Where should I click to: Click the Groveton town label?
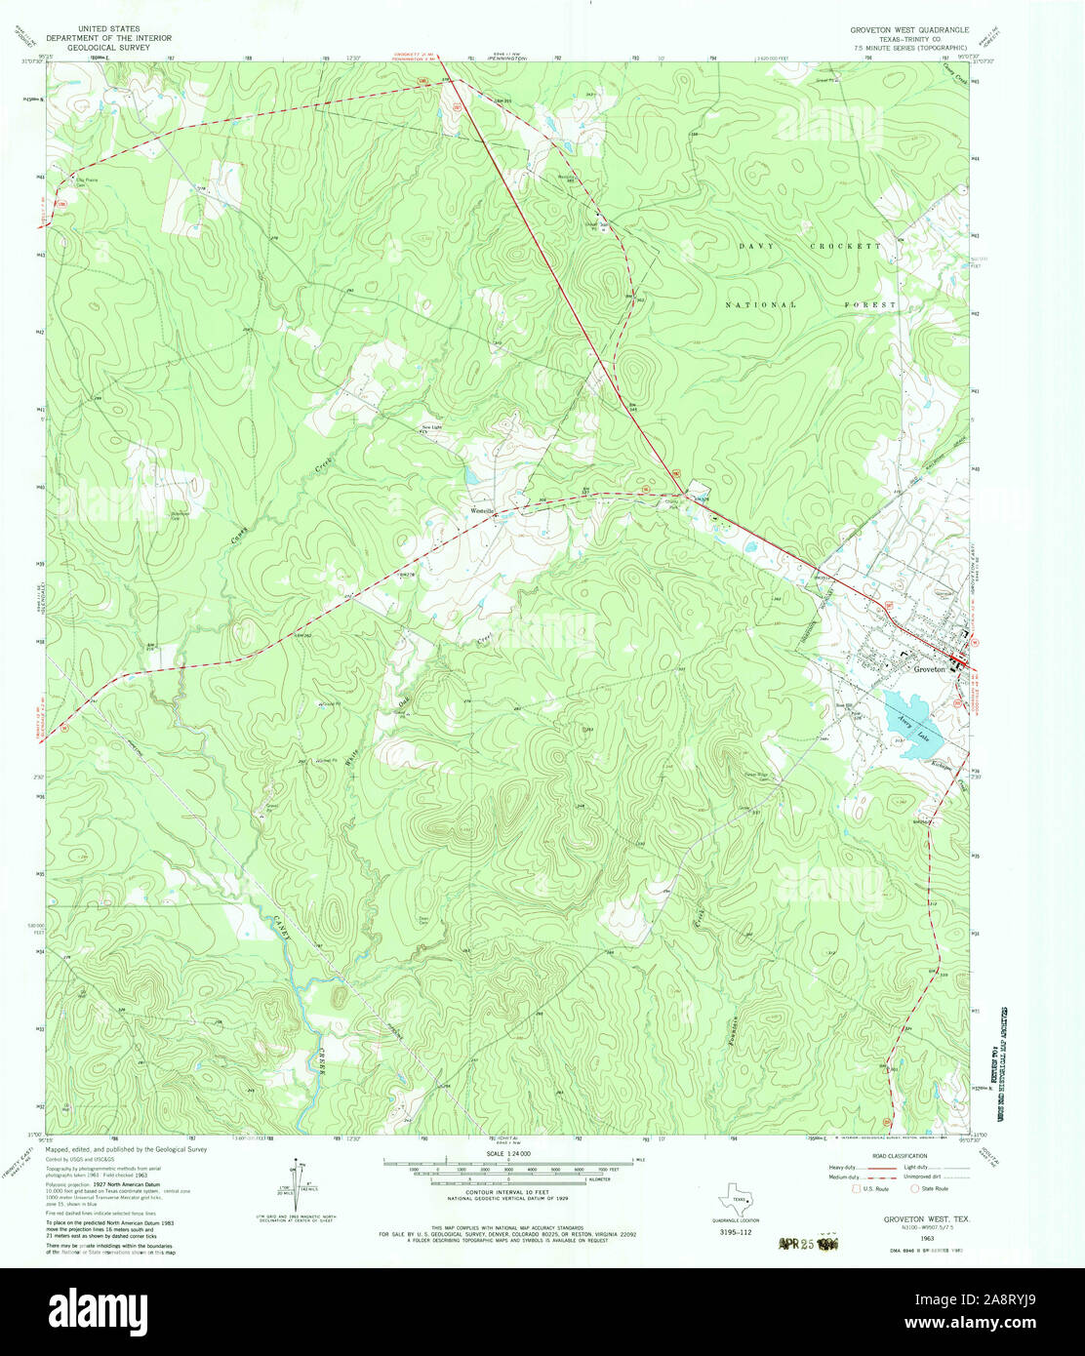[x=929, y=670]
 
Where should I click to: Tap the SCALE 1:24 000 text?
[x=507, y=1153]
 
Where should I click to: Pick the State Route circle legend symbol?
[x=913, y=1188]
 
